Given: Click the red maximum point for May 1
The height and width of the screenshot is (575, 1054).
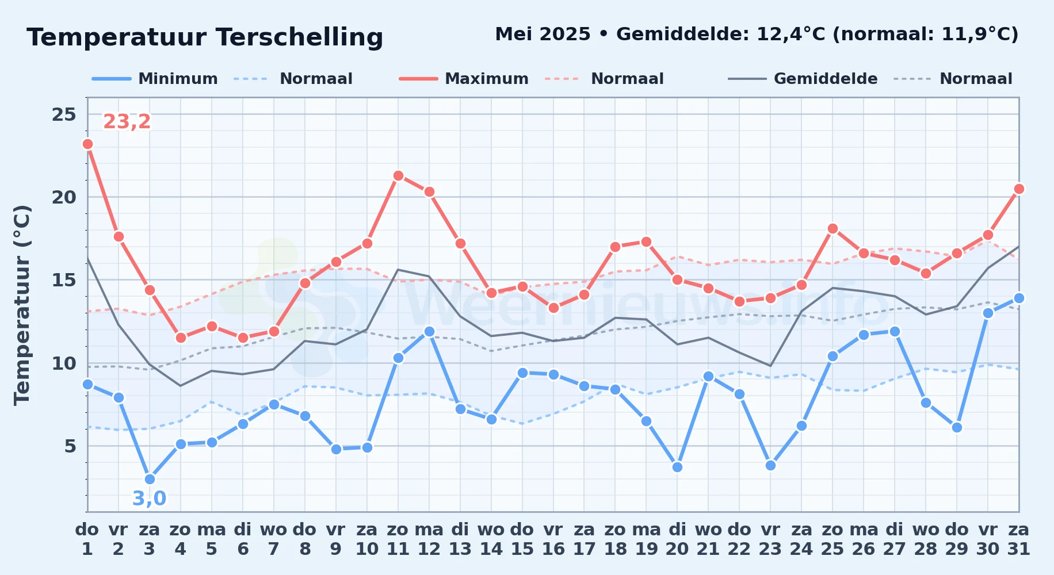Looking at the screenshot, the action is (x=87, y=144).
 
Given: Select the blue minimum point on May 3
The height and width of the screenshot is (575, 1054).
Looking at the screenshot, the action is (x=150, y=479).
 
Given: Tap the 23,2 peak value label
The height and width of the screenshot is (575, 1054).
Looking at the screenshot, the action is (x=127, y=121).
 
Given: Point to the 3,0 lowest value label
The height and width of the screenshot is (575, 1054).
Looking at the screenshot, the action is (x=149, y=498).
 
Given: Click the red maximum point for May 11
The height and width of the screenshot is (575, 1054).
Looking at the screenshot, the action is (x=398, y=175).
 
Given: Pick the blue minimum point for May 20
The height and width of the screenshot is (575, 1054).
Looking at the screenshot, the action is (x=677, y=467).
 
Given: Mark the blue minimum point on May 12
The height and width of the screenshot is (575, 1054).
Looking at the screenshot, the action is (x=429, y=331).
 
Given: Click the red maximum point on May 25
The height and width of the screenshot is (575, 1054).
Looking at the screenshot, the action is (x=832, y=228).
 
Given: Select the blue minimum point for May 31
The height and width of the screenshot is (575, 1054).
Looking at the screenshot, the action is (x=1019, y=298).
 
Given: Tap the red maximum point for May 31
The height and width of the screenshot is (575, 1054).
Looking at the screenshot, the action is (x=1019, y=189).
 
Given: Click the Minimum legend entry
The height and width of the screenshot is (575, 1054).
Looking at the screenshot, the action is (x=155, y=79).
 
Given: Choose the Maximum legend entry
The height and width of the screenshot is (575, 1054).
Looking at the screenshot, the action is (x=464, y=79).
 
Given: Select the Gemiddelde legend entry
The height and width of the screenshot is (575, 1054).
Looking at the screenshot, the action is (x=803, y=79).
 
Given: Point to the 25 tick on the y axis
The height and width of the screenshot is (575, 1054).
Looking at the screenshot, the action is (x=64, y=114).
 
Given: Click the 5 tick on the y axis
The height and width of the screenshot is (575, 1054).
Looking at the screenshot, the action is (x=70, y=446).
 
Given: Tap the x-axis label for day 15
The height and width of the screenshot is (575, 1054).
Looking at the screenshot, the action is (x=522, y=539).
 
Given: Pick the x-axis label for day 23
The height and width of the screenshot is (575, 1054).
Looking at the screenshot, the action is (x=770, y=539).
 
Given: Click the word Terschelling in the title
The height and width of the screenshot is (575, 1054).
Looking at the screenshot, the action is (x=300, y=37).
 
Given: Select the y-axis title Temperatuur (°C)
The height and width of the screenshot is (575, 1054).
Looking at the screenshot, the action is (x=22, y=305).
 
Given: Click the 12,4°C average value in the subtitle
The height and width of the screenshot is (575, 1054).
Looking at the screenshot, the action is (x=791, y=34).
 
